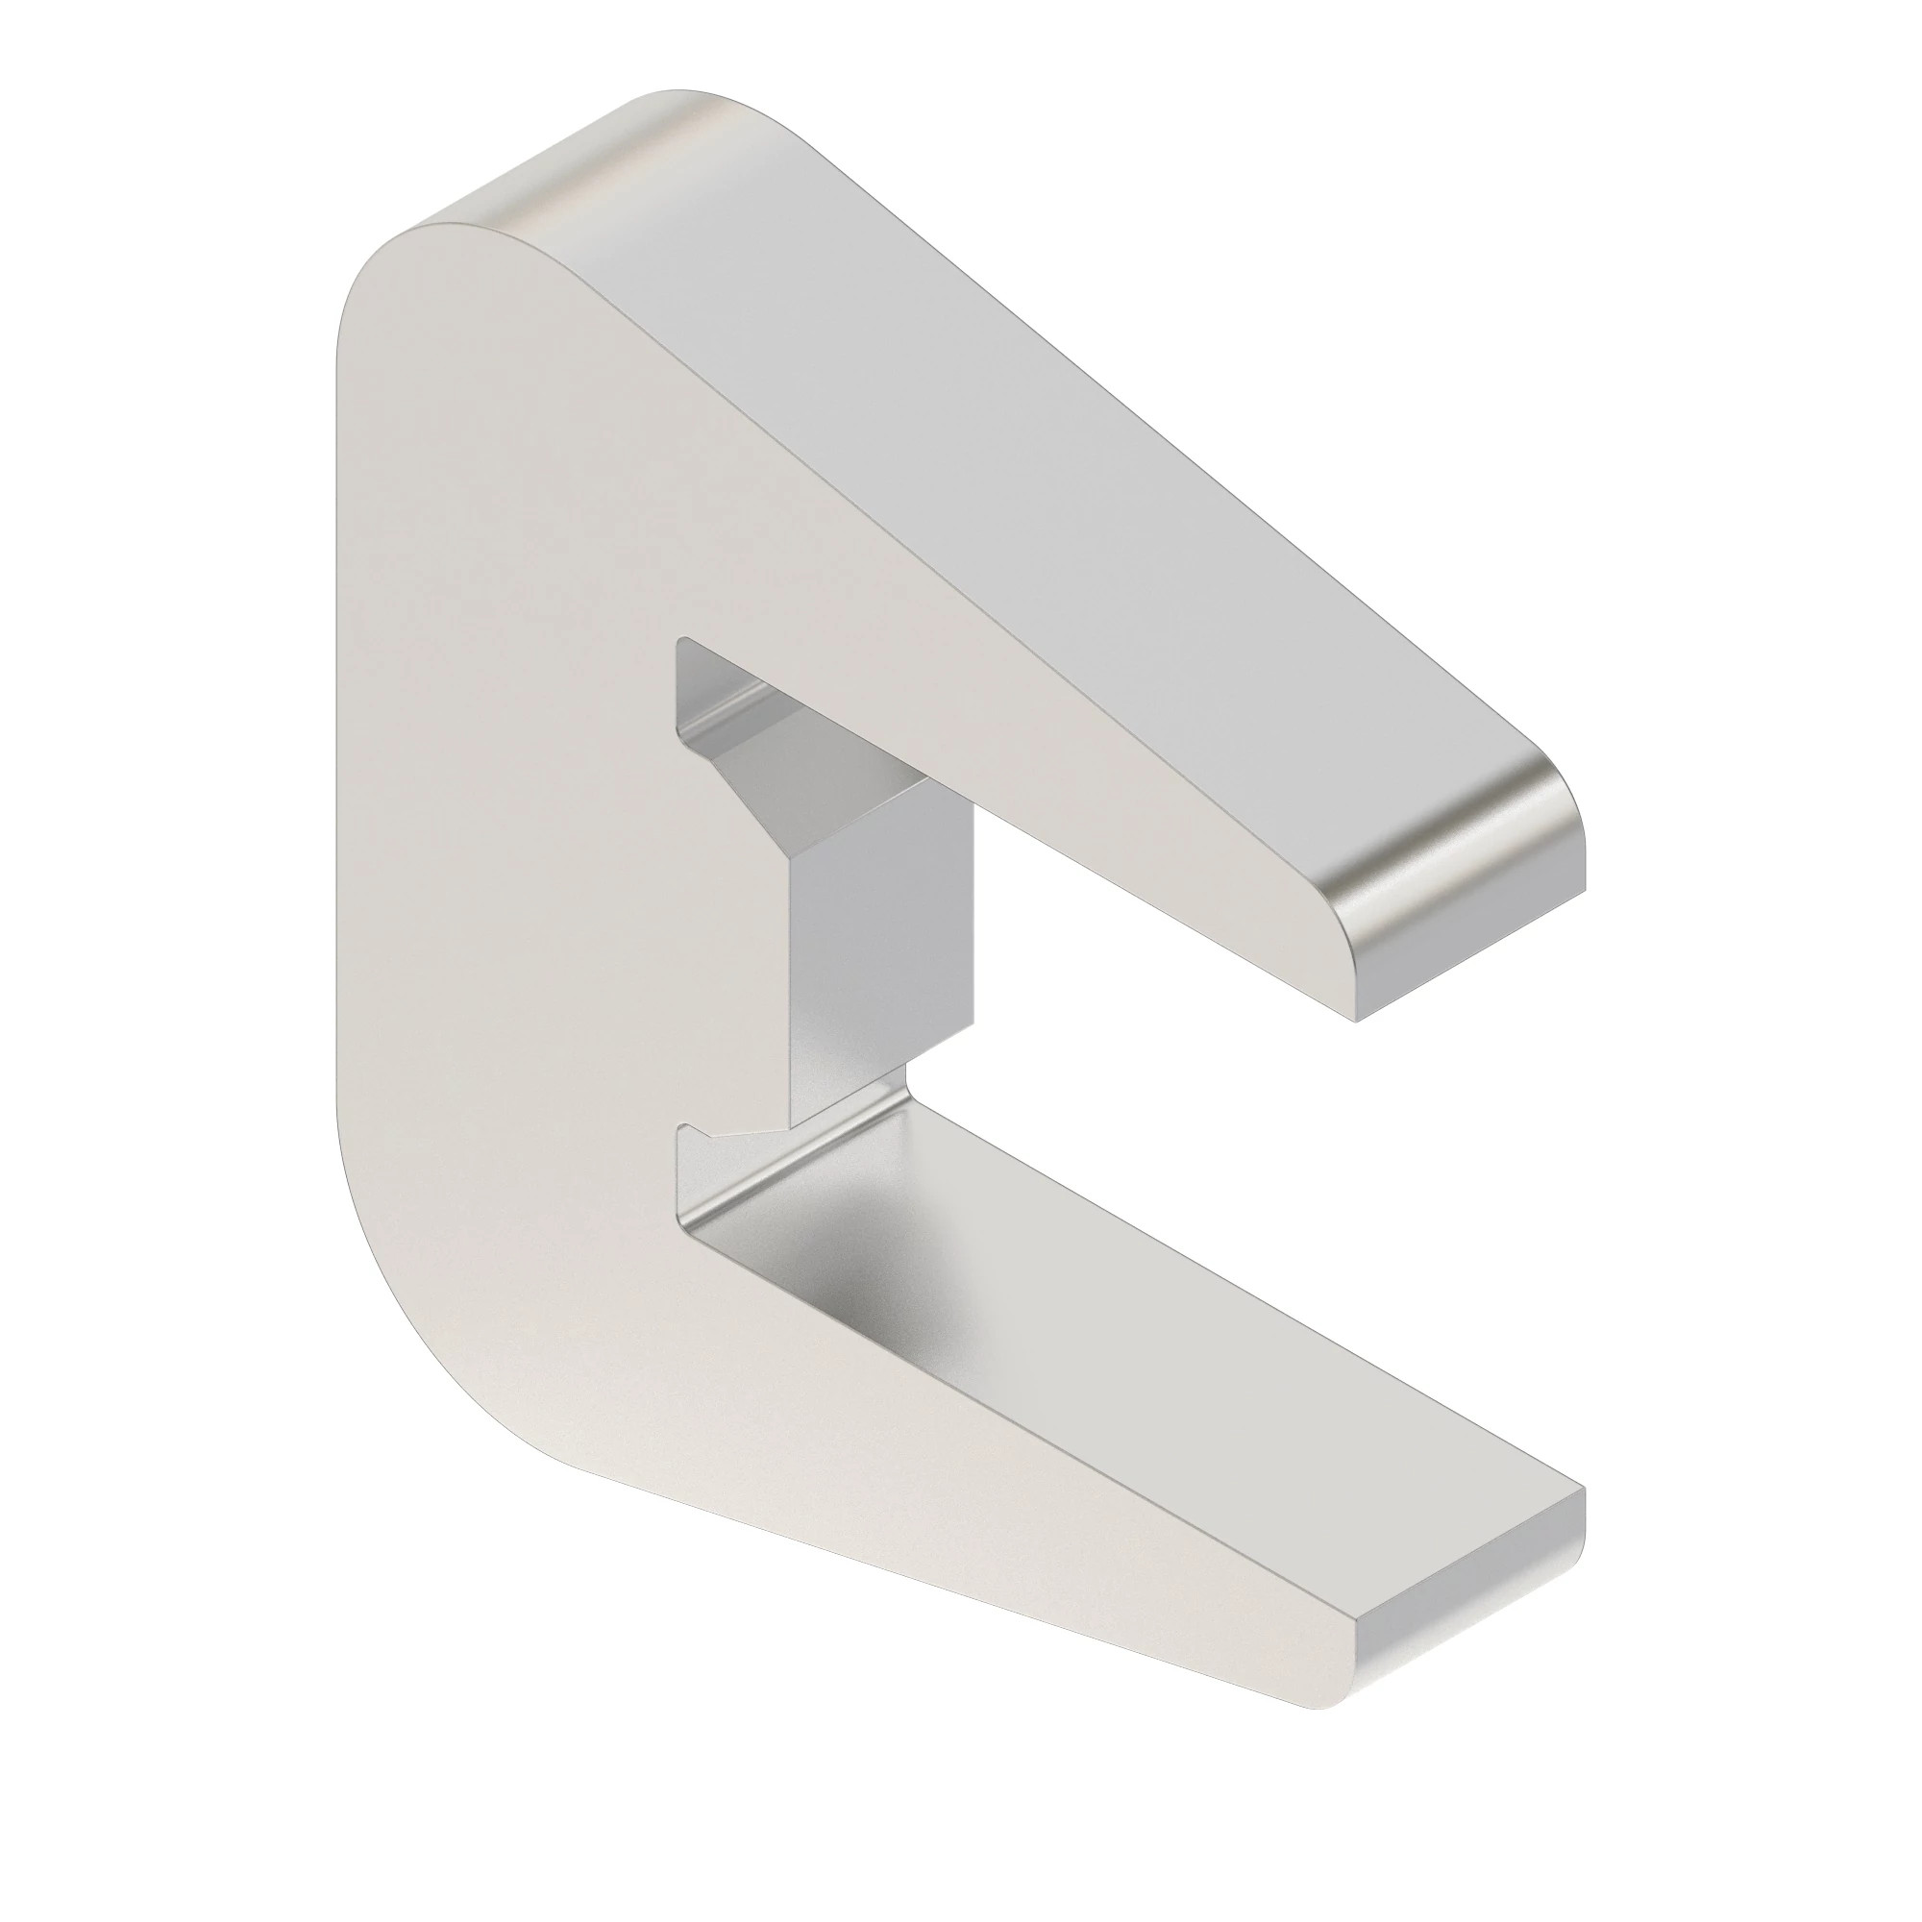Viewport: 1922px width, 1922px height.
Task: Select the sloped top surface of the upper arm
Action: click(1045, 448)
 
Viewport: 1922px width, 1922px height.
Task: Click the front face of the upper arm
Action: click(995, 697)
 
